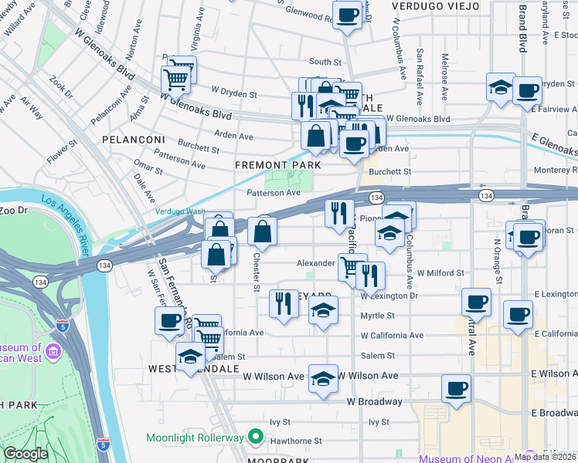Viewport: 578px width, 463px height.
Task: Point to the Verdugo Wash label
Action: pyautogui.click(x=179, y=211)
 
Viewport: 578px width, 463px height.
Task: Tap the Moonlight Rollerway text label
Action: pyautogui.click(x=195, y=438)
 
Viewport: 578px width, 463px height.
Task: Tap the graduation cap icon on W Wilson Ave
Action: pyautogui.click(x=323, y=378)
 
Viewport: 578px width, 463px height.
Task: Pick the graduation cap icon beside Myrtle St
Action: pyautogui.click(x=323, y=311)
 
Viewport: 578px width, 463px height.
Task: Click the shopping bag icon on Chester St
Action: pyautogui.click(x=263, y=231)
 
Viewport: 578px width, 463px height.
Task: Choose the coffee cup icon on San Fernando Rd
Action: pyautogui.click(x=168, y=320)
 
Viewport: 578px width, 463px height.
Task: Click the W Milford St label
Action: pyautogui.click(x=440, y=273)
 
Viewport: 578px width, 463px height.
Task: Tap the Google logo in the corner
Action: pyautogui.click(x=25, y=454)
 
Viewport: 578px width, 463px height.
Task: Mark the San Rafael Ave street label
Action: pyautogui.click(x=420, y=76)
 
